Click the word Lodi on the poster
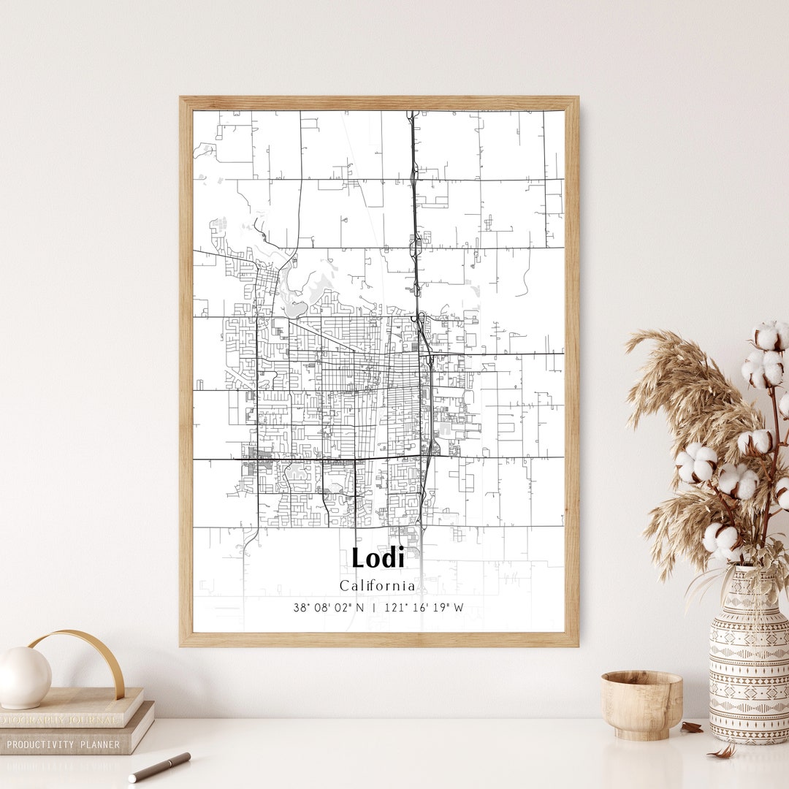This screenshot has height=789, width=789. [378, 558]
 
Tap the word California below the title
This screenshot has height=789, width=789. [377, 586]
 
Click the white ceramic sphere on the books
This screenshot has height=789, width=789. [24, 677]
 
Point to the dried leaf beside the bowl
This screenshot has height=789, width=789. [691, 728]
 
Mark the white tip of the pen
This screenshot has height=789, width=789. [132, 779]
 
